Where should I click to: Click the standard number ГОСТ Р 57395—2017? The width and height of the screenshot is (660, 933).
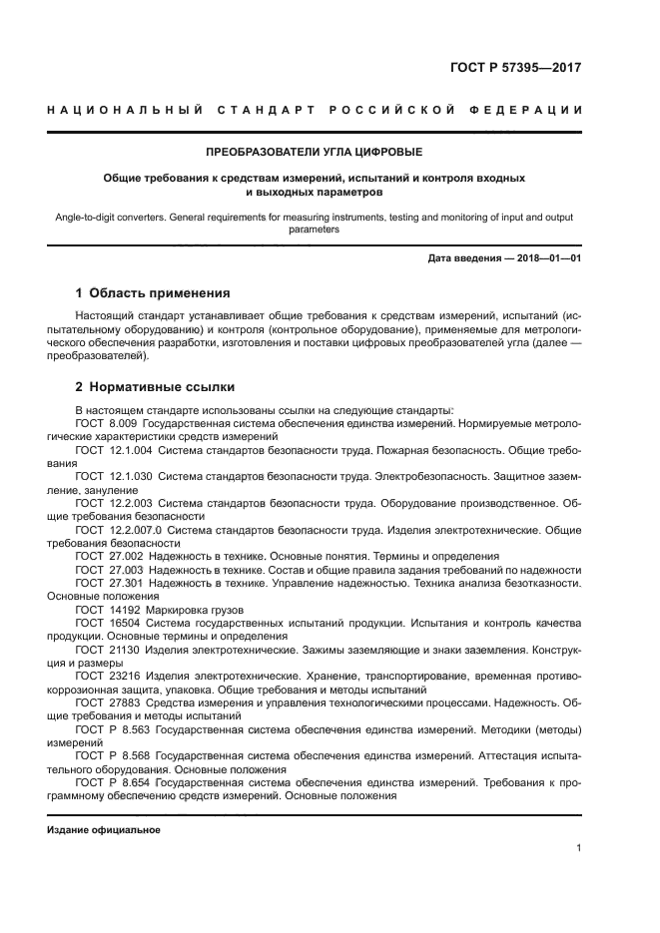click(514, 69)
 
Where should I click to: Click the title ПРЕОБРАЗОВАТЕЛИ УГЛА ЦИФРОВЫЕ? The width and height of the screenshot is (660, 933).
click(314, 153)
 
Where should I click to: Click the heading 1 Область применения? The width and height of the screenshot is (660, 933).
click(153, 293)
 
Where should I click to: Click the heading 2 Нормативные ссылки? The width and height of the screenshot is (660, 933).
click(156, 387)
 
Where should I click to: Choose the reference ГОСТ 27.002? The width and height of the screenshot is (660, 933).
click(109, 555)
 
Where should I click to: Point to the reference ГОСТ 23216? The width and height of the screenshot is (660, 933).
click(108, 676)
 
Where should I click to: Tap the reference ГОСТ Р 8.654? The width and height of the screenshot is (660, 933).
click(113, 783)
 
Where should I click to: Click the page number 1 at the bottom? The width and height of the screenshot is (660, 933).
click(578, 848)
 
